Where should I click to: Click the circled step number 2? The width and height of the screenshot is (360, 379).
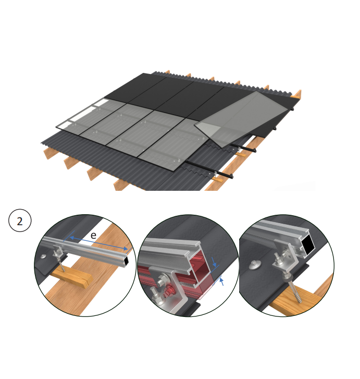(x=20, y=221)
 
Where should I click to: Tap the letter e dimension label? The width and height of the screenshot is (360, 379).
(x=93, y=235)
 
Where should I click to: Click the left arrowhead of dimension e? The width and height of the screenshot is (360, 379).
(x=72, y=238)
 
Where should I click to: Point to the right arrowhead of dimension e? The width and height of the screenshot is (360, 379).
(x=125, y=248)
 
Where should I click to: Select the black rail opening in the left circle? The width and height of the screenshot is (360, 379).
(x=127, y=260)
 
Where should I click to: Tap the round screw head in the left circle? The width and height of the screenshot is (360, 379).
(x=43, y=256)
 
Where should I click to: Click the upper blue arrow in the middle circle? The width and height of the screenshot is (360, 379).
(x=214, y=262)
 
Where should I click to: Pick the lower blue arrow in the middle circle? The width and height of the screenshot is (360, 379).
(x=221, y=282)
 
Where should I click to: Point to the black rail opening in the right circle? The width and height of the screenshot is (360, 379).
(x=308, y=246)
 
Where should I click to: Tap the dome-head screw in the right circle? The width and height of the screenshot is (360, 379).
(x=254, y=264)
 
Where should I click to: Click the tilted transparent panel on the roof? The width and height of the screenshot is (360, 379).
(x=241, y=118)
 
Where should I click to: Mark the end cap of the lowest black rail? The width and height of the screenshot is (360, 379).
(x=231, y=176)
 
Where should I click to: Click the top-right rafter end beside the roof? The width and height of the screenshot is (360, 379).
(x=297, y=94)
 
